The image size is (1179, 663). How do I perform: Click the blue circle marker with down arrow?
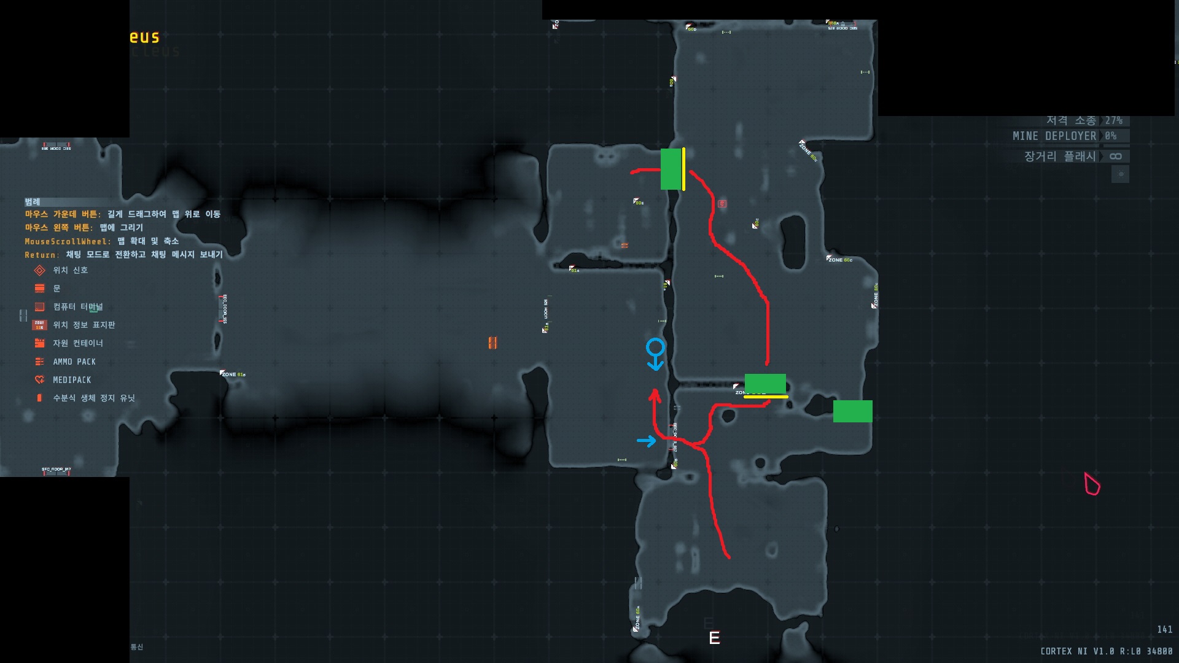coord(655,353)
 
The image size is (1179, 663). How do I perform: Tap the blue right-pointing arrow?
coord(646,441)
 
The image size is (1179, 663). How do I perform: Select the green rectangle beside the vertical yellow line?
coord(671,169)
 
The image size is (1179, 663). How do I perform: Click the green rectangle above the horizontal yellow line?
coord(765,383)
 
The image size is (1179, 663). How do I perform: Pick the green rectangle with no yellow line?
coord(852,411)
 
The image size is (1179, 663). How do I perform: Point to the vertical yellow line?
coord(683,169)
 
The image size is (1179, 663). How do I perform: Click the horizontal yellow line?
coord(766,397)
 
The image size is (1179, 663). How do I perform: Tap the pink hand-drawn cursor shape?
coord(1092,484)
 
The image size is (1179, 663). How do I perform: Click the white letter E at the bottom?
coord(714,638)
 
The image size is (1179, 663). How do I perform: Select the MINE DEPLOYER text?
coord(1054,136)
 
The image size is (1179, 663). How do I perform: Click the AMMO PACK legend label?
coord(74,362)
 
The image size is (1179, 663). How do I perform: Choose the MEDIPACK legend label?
coord(72,381)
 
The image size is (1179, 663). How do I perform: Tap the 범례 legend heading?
coord(33,202)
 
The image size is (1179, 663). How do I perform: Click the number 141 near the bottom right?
coord(1164,630)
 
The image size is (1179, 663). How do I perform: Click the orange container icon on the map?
coord(492,343)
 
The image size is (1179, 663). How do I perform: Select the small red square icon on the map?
coord(722,203)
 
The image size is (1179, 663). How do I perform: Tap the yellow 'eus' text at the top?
coord(144,37)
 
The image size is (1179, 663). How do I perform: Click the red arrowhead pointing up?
coord(655,394)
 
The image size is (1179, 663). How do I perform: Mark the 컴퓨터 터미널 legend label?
coord(78,307)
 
